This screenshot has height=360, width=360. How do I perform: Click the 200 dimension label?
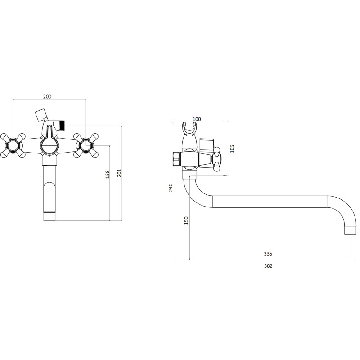coord(47,96)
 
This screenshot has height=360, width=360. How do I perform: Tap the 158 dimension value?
coord(107,174)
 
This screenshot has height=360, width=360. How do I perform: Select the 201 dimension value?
coord(119,173)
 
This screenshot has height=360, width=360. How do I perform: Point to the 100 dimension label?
coord(197,119)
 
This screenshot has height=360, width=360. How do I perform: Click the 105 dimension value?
coord(232,148)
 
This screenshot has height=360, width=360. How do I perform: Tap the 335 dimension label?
coord(269,254)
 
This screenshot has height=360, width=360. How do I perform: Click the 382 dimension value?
coord(268,266)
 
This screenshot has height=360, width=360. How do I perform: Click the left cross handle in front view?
coord(12,145)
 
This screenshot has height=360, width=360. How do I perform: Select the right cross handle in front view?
coord(86,145)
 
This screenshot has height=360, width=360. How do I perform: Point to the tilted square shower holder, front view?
coord(40,114)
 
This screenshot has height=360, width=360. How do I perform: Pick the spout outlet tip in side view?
coord(349,230)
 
